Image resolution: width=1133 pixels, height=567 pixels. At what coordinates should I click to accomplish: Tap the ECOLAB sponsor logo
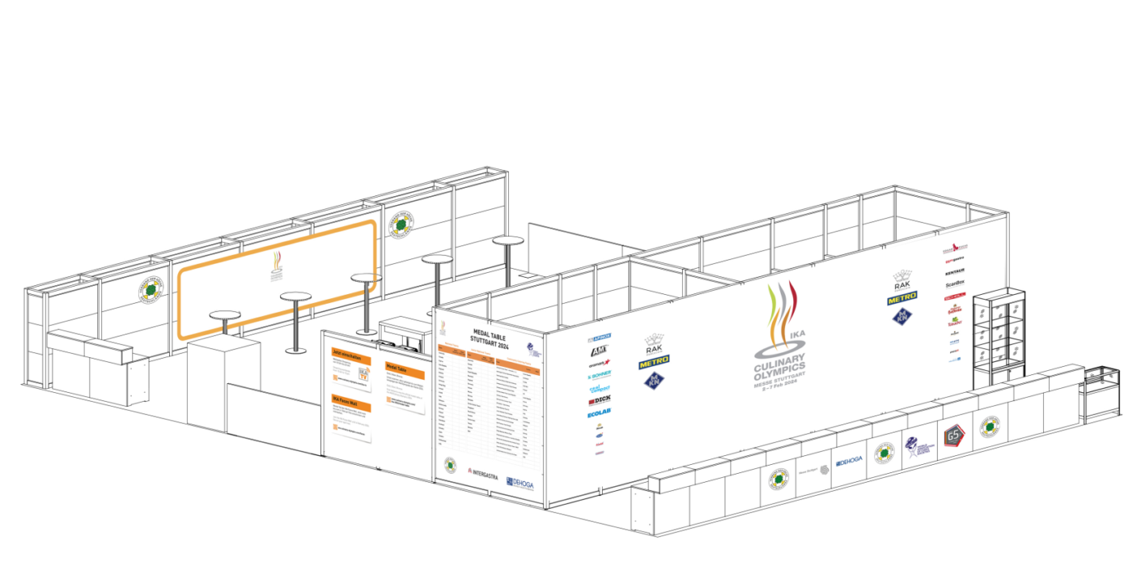coord(599,414)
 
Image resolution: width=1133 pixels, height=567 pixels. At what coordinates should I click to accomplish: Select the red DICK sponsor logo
coord(600,400)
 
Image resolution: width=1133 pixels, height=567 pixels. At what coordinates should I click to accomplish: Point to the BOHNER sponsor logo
coord(600,375)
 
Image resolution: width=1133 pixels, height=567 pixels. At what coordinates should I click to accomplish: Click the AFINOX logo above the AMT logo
coord(600,336)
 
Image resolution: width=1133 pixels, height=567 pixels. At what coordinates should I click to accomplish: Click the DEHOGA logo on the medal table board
coord(520,484)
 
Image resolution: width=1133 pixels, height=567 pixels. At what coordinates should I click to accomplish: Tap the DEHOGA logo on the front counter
coord(849,461)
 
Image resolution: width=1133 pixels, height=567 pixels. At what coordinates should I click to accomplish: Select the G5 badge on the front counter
coord(953,435)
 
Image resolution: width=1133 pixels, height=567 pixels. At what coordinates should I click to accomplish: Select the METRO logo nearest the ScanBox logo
coord(902,298)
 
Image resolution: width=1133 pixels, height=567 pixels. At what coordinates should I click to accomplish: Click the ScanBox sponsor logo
coord(955,283)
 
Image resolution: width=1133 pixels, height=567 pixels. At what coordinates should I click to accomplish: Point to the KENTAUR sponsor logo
coord(955,271)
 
